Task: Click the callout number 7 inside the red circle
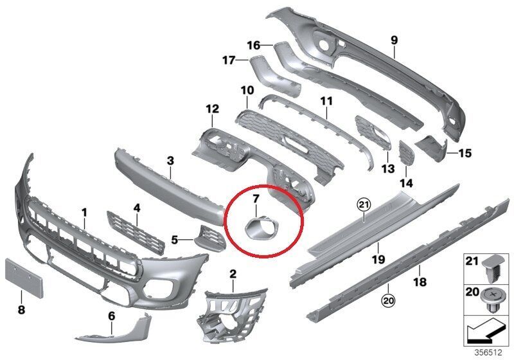[x=256, y=198]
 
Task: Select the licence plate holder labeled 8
[x=24, y=278]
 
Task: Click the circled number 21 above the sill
[x=364, y=205]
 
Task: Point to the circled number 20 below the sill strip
[x=389, y=300]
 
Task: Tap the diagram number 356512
[x=488, y=353]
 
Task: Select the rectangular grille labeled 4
[x=135, y=232]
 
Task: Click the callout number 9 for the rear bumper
[x=394, y=40]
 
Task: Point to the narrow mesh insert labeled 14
[x=405, y=154]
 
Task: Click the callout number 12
[x=213, y=109]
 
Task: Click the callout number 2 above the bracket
[x=233, y=274]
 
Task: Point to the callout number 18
[x=420, y=282]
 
